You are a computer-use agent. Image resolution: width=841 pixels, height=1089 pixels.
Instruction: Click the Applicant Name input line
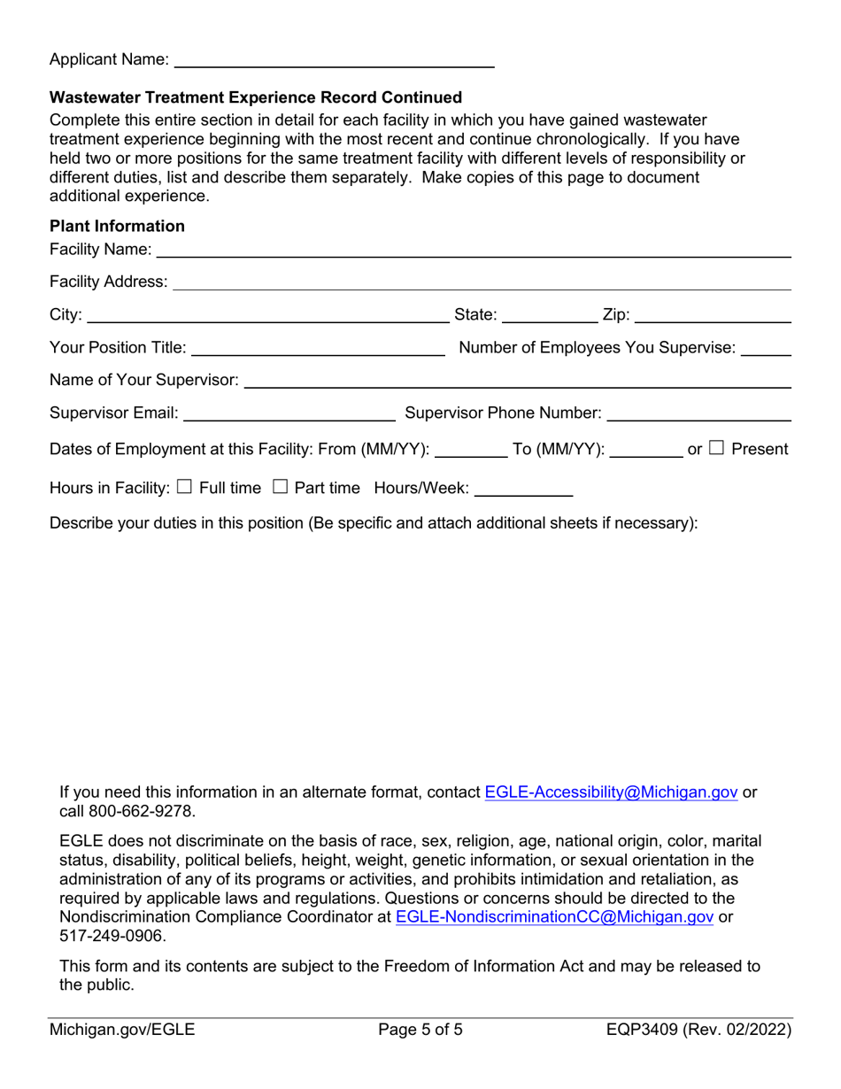click(x=334, y=60)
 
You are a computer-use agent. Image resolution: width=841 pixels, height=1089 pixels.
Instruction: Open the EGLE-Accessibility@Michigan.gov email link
click(x=611, y=792)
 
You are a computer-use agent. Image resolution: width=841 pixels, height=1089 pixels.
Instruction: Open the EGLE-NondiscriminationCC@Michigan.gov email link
click(x=554, y=917)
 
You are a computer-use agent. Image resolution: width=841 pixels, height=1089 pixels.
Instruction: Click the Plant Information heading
click(x=118, y=227)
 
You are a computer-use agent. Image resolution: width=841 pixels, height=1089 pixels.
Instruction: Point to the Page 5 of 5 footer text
click(x=420, y=1030)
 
